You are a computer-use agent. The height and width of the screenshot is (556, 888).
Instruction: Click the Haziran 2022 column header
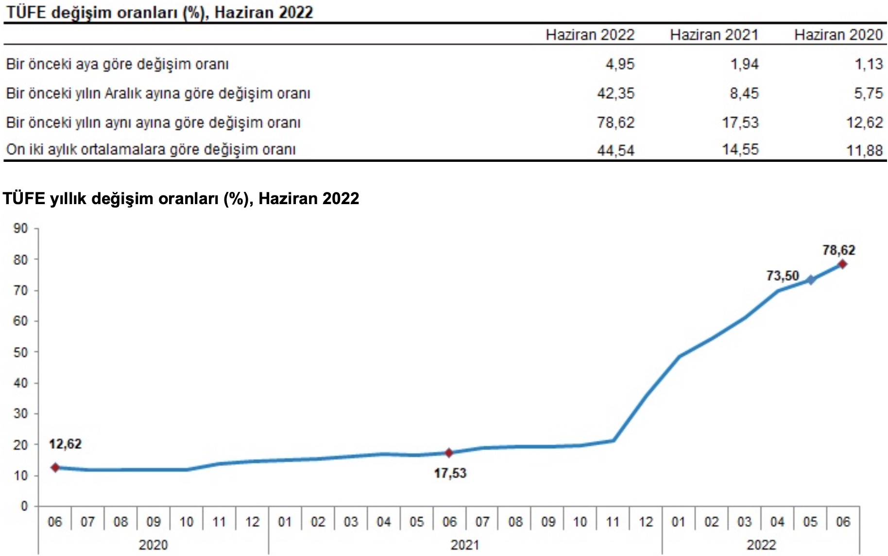tap(590, 35)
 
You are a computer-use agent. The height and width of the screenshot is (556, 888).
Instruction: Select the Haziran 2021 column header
tap(714, 35)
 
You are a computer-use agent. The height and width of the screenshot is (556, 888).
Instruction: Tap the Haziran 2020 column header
tap(838, 35)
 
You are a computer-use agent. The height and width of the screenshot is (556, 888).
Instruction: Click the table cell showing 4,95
tap(620, 64)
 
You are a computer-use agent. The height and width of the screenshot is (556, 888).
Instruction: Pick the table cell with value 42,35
tap(615, 93)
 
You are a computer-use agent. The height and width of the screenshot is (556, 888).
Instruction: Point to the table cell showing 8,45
tap(744, 93)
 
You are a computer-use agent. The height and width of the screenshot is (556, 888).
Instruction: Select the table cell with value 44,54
tap(615, 150)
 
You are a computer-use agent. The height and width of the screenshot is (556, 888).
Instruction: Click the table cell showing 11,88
tap(864, 150)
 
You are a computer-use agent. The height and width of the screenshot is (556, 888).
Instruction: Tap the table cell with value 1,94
tap(744, 64)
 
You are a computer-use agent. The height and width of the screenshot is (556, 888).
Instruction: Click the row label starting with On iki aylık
tap(151, 150)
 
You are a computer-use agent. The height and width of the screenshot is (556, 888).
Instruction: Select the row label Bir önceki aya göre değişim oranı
tap(117, 64)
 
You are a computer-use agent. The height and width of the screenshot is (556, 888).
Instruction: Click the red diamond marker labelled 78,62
tap(842, 264)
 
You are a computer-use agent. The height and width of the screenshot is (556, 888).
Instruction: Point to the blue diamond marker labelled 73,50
tap(811, 280)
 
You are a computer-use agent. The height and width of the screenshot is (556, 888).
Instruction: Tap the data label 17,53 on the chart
tap(450, 473)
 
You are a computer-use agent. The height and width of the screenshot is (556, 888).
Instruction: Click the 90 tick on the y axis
tap(21, 228)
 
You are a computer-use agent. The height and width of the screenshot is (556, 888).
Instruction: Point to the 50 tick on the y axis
tap(21, 352)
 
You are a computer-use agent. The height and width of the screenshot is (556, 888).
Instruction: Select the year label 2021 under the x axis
tap(465, 545)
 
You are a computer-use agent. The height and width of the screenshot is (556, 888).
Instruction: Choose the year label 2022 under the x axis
tap(761, 545)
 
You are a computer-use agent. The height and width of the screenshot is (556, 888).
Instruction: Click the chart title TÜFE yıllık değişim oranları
tap(181, 198)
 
